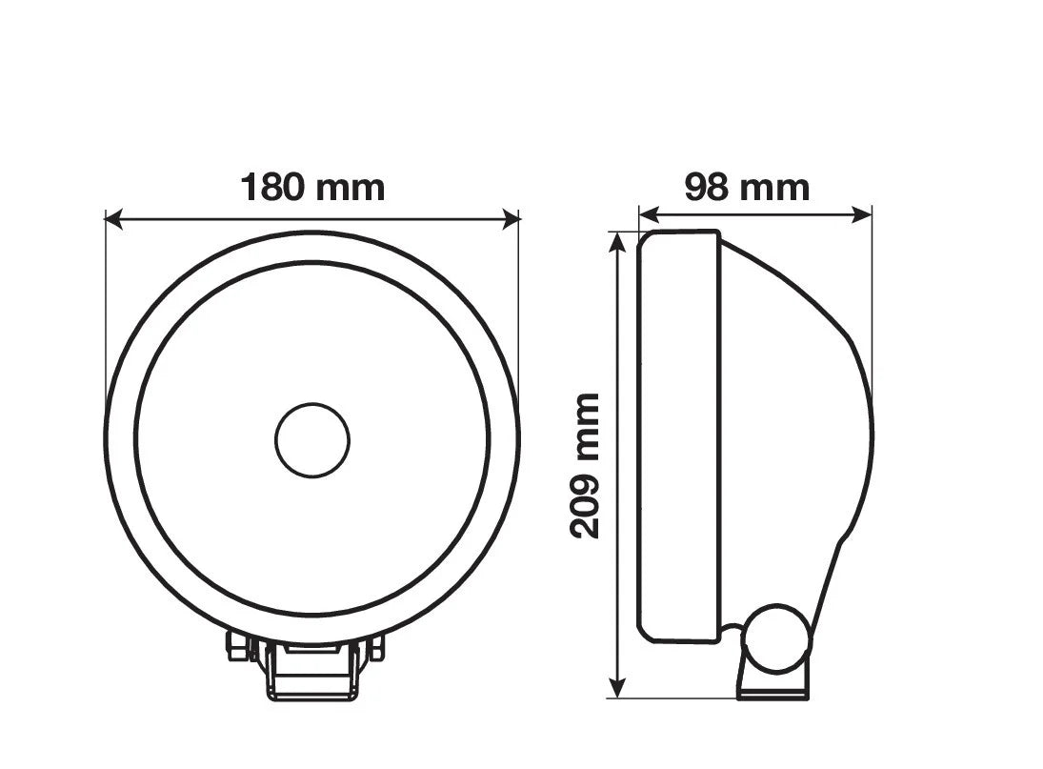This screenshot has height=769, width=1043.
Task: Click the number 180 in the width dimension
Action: [x=272, y=187]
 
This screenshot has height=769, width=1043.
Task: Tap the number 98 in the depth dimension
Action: [x=706, y=188]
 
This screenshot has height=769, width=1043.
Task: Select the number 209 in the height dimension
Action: [x=585, y=505]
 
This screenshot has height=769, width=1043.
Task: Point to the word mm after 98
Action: [x=775, y=188]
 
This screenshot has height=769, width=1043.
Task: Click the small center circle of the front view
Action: [x=312, y=440]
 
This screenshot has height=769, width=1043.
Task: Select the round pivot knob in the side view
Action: [x=776, y=637]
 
